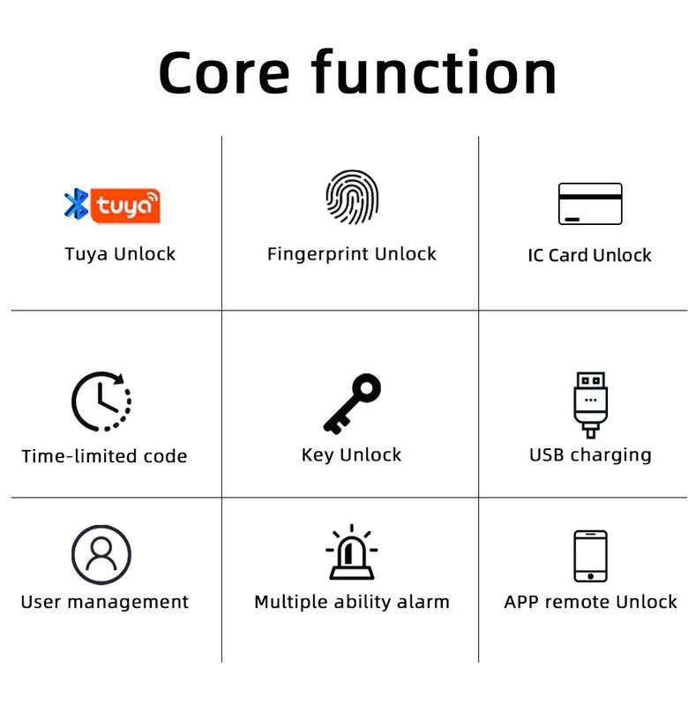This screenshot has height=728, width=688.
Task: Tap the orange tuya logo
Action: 126,206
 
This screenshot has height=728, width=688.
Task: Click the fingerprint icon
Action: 351,198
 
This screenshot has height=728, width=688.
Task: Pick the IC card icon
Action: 590,204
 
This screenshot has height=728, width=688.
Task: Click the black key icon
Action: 351,403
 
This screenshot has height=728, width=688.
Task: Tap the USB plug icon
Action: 590,404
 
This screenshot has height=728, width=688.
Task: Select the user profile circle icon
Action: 101,555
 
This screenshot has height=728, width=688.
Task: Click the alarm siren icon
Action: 351,553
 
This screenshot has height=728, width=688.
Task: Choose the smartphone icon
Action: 590,556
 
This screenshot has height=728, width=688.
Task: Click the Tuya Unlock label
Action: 120,254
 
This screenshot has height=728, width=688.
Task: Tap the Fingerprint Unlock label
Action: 351,254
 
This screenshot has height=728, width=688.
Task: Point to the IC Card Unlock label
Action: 589,255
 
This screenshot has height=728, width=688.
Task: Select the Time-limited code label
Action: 104,456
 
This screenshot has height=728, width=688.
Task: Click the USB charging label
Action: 590,455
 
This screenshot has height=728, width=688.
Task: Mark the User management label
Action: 104,602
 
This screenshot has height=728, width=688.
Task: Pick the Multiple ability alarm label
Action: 351,602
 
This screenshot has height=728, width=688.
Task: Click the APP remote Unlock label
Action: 590,602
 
